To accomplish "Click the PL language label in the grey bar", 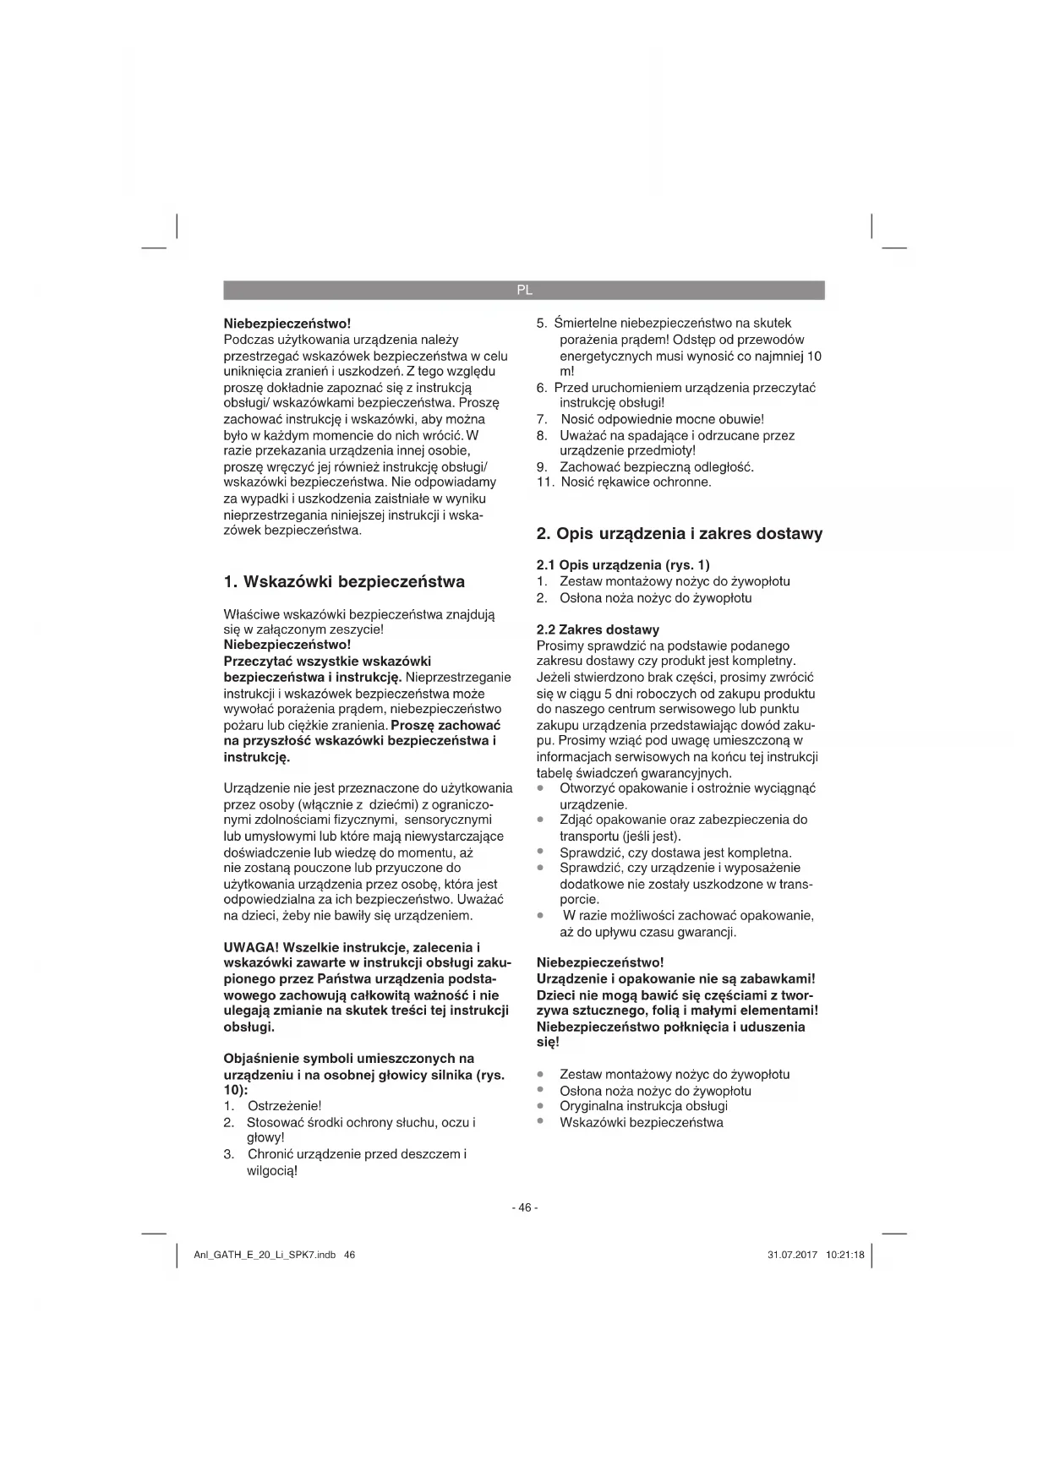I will [x=524, y=290].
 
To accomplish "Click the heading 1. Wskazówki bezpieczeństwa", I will [x=344, y=582].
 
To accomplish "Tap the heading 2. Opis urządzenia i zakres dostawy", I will [x=680, y=534].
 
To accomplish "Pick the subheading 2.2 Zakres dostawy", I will [x=598, y=629].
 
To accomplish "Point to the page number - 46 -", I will [x=524, y=1207].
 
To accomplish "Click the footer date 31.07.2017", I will [x=792, y=1255].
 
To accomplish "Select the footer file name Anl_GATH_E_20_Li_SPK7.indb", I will [x=265, y=1255].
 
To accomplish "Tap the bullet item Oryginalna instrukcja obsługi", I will [x=643, y=1106].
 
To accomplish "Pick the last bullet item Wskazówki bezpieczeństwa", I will [x=641, y=1123].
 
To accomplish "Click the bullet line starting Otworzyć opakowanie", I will [x=687, y=788].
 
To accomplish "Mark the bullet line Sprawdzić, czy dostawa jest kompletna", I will [x=675, y=853].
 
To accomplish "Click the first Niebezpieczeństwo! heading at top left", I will [x=287, y=324].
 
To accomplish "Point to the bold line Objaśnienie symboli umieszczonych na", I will [x=348, y=1059].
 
